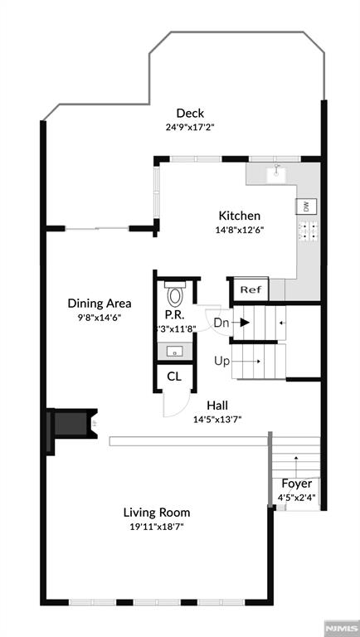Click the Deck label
pos(189,114)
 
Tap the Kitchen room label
pos(239,216)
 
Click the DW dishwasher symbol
pos(305,207)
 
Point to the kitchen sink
pos(277,174)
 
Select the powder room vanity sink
pos(174,352)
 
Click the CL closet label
pos(173,376)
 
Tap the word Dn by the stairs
pos(221,323)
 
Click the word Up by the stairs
pos(221,361)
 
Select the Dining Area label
pos(100,304)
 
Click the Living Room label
pos(157,512)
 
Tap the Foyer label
pos(296,484)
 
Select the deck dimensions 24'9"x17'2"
pos(190,128)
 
